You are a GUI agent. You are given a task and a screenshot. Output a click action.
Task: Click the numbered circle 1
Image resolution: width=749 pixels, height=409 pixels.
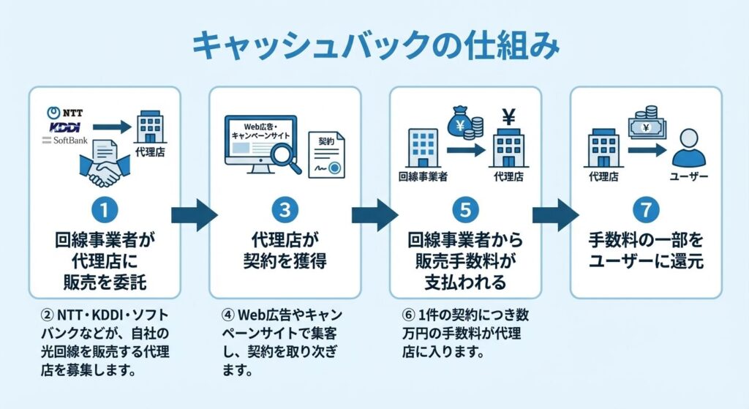pyautogui.click(x=105, y=209)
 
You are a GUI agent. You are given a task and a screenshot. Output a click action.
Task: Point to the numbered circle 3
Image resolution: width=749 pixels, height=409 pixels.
pyautogui.click(x=285, y=209)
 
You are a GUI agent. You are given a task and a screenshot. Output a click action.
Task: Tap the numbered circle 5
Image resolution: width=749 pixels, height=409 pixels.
pyautogui.click(x=465, y=209)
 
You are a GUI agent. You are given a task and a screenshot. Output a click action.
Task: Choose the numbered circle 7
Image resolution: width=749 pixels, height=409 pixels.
pyautogui.click(x=645, y=209)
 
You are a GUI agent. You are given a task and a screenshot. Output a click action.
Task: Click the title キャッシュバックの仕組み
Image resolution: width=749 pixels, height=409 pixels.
pyautogui.click(x=374, y=45)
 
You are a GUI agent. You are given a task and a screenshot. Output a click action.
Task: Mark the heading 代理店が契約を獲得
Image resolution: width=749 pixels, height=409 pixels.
pyautogui.click(x=285, y=249)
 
